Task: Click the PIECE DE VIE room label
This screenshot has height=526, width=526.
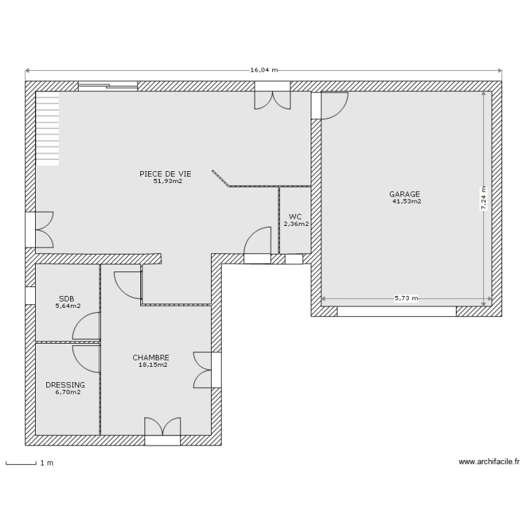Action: click(x=165, y=174)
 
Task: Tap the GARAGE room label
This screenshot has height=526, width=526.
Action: click(x=405, y=194)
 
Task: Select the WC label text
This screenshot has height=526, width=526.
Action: click(x=295, y=217)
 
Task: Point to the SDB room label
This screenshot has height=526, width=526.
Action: click(x=67, y=298)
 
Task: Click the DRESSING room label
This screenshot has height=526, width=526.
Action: click(x=65, y=385)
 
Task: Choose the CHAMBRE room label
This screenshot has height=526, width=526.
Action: click(x=151, y=358)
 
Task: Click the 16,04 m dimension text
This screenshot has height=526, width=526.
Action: click(x=264, y=70)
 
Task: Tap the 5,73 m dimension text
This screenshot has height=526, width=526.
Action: click(x=405, y=298)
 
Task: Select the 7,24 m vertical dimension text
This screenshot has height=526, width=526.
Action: click(x=483, y=198)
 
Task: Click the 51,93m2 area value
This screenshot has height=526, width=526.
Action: click(x=168, y=181)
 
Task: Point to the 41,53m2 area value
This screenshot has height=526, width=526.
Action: click(x=407, y=201)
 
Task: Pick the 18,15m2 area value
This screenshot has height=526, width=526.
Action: click(x=152, y=365)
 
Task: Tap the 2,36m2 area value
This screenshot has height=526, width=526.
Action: click(x=296, y=224)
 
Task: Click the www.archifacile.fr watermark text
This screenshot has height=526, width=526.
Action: click(x=489, y=462)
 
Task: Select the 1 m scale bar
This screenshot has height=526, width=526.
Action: click(x=21, y=463)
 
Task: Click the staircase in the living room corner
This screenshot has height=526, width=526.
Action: click(x=48, y=130)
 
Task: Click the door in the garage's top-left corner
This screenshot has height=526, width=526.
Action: click(x=332, y=105)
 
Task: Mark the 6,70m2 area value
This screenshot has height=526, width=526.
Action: click(x=67, y=392)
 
